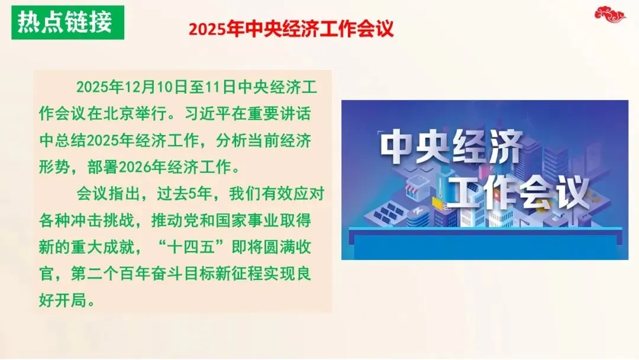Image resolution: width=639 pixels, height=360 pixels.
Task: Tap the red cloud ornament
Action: [610, 14]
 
